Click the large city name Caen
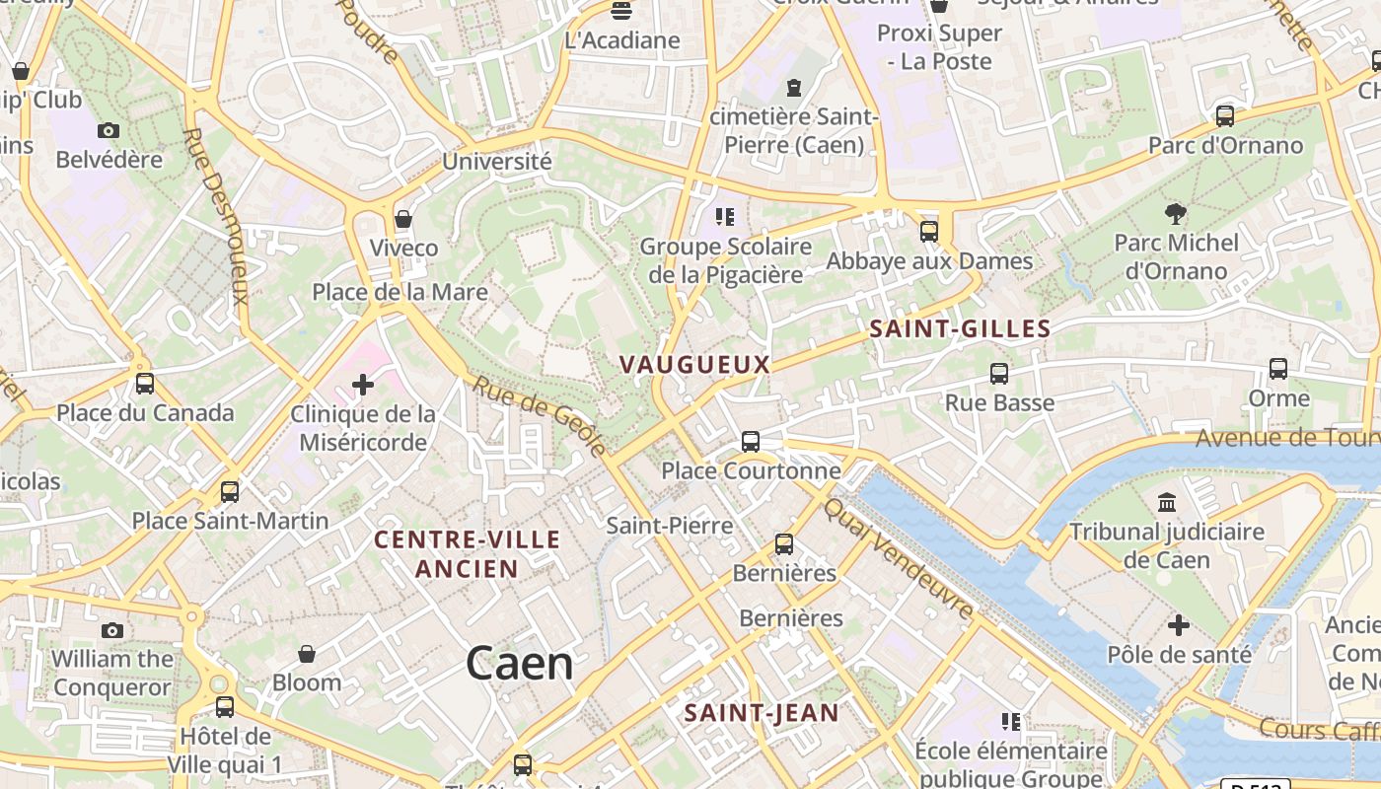pyautogui.click(x=520, y=664)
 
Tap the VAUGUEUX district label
pyautogui.click(x=694, y=364)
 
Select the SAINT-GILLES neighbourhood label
pyautogui.click(x=960, y=329)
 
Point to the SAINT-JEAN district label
pyautogui.click(x=762, y=712)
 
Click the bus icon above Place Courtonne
pyautogui.click(x=751, y=441)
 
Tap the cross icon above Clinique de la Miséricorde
pyautogui.click(x=363, y=384)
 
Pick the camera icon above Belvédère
pyautogui.click(x=109, y=130)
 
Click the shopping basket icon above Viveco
pyautogui.click(x=402, y=218)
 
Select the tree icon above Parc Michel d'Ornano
pyautogui.click(x=1175, y=212)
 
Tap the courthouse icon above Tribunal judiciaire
pyautogui.click(x=1167, y=503)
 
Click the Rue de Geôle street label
pyautogui.click(x=540, y=416)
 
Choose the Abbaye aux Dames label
pyautogui.click(x=929, y=261)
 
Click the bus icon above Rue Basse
pyautogui.click(x=999, y=374)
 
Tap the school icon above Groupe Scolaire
pyautogui.click(x=725, y=216)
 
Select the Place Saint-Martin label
pyautogui.click(x=230, y=520)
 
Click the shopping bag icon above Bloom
pyautogui.click(x=307, y=653)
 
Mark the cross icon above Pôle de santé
pyautogui.click(x=1179, y=625)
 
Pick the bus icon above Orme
pyautogui.click(x=1278, y=369)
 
